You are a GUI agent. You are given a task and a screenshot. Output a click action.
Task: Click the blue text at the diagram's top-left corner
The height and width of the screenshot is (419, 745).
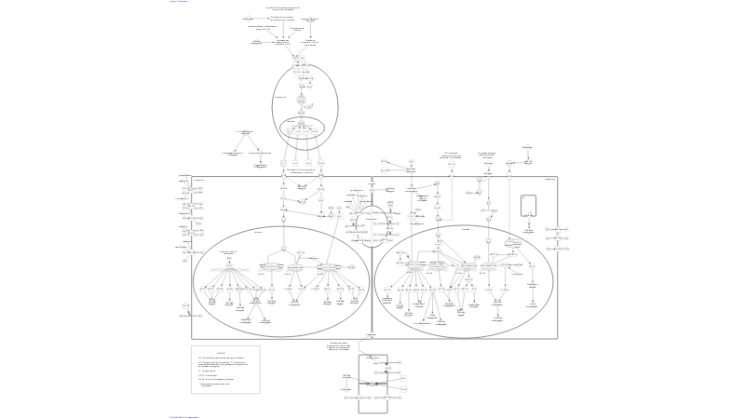(179, 2)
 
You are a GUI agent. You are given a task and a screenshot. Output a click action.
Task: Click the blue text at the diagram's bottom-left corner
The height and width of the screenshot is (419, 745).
(184, 417)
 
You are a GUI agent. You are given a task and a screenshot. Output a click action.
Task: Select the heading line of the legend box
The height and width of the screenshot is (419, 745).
(221, 352)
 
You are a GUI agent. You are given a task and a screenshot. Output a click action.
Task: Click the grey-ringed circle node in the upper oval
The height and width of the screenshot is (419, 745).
(301, 98)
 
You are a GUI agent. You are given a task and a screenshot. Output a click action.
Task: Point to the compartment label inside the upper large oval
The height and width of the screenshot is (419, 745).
(280, 97)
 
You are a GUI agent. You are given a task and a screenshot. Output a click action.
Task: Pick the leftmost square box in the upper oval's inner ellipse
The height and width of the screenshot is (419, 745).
(290, 132)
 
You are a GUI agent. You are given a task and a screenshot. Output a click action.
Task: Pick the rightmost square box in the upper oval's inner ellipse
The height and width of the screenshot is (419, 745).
(314, 132)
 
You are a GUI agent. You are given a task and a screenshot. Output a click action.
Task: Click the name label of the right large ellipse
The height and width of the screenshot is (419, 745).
(465, 229)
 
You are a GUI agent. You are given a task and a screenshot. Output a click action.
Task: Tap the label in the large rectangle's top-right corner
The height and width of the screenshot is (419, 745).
(549, 179)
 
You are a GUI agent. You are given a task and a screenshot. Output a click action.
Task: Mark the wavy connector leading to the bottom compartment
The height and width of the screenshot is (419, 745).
(372, 345)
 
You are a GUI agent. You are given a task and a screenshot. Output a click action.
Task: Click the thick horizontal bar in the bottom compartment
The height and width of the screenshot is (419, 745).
(372, 384)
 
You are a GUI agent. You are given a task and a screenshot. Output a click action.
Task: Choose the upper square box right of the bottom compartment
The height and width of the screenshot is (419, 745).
(402, 376)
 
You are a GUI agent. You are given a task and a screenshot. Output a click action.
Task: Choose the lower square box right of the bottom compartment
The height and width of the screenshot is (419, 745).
(402, 390)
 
